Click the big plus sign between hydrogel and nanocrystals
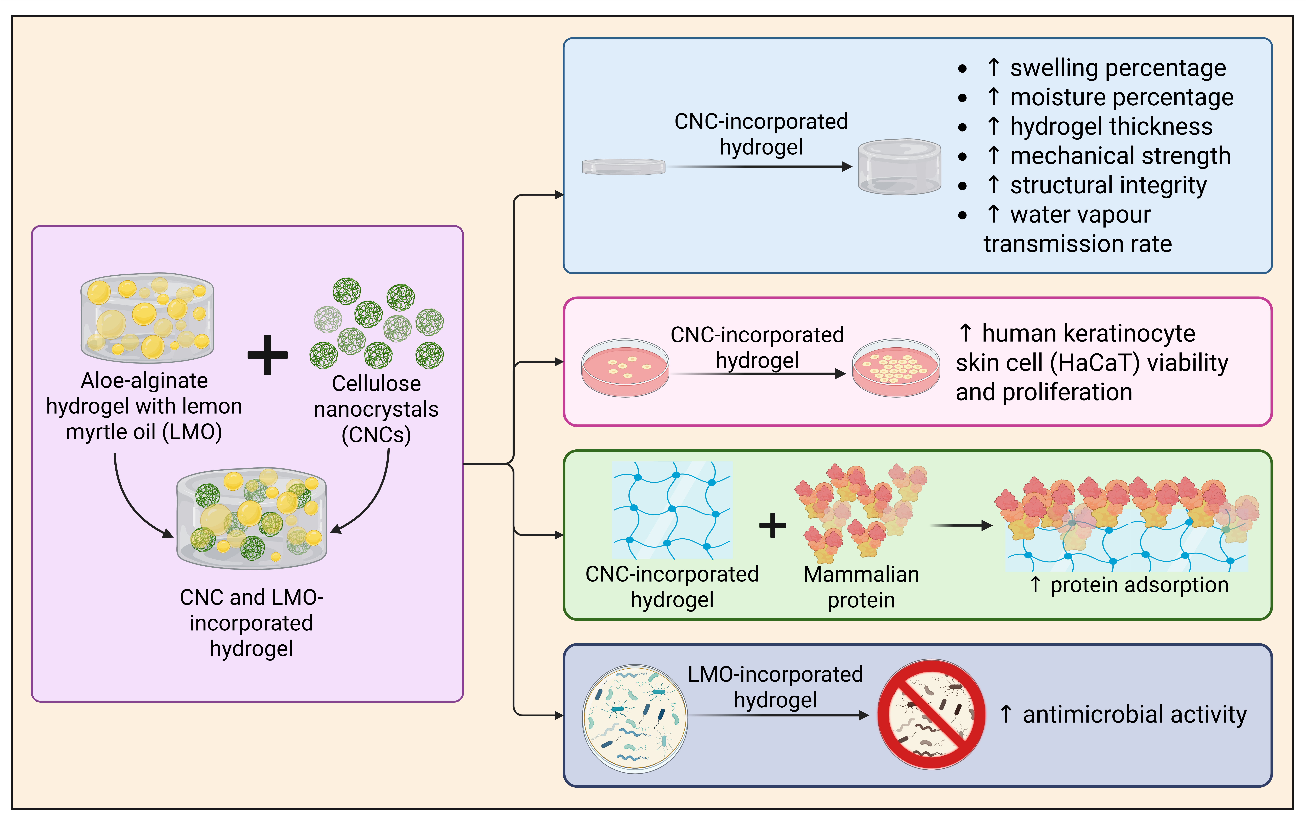pyautogui.click(x=267, y=355)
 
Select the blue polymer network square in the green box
pyautogui.click(x=672, y=510)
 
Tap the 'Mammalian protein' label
pyautogui.click(x=861, y=587)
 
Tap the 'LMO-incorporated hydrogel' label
pyautogui.click(x=775, y=687)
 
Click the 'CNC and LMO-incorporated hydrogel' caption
pyautogui.click(x=252, y=623)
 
